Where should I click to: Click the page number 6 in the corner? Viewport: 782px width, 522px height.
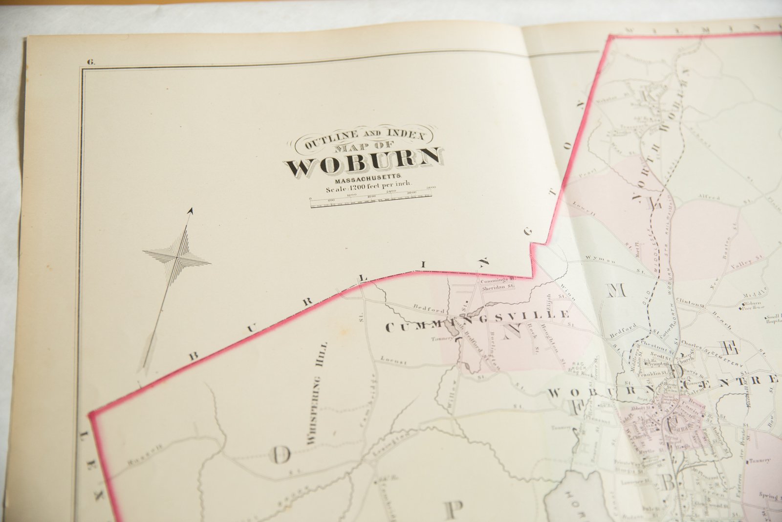91,62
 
